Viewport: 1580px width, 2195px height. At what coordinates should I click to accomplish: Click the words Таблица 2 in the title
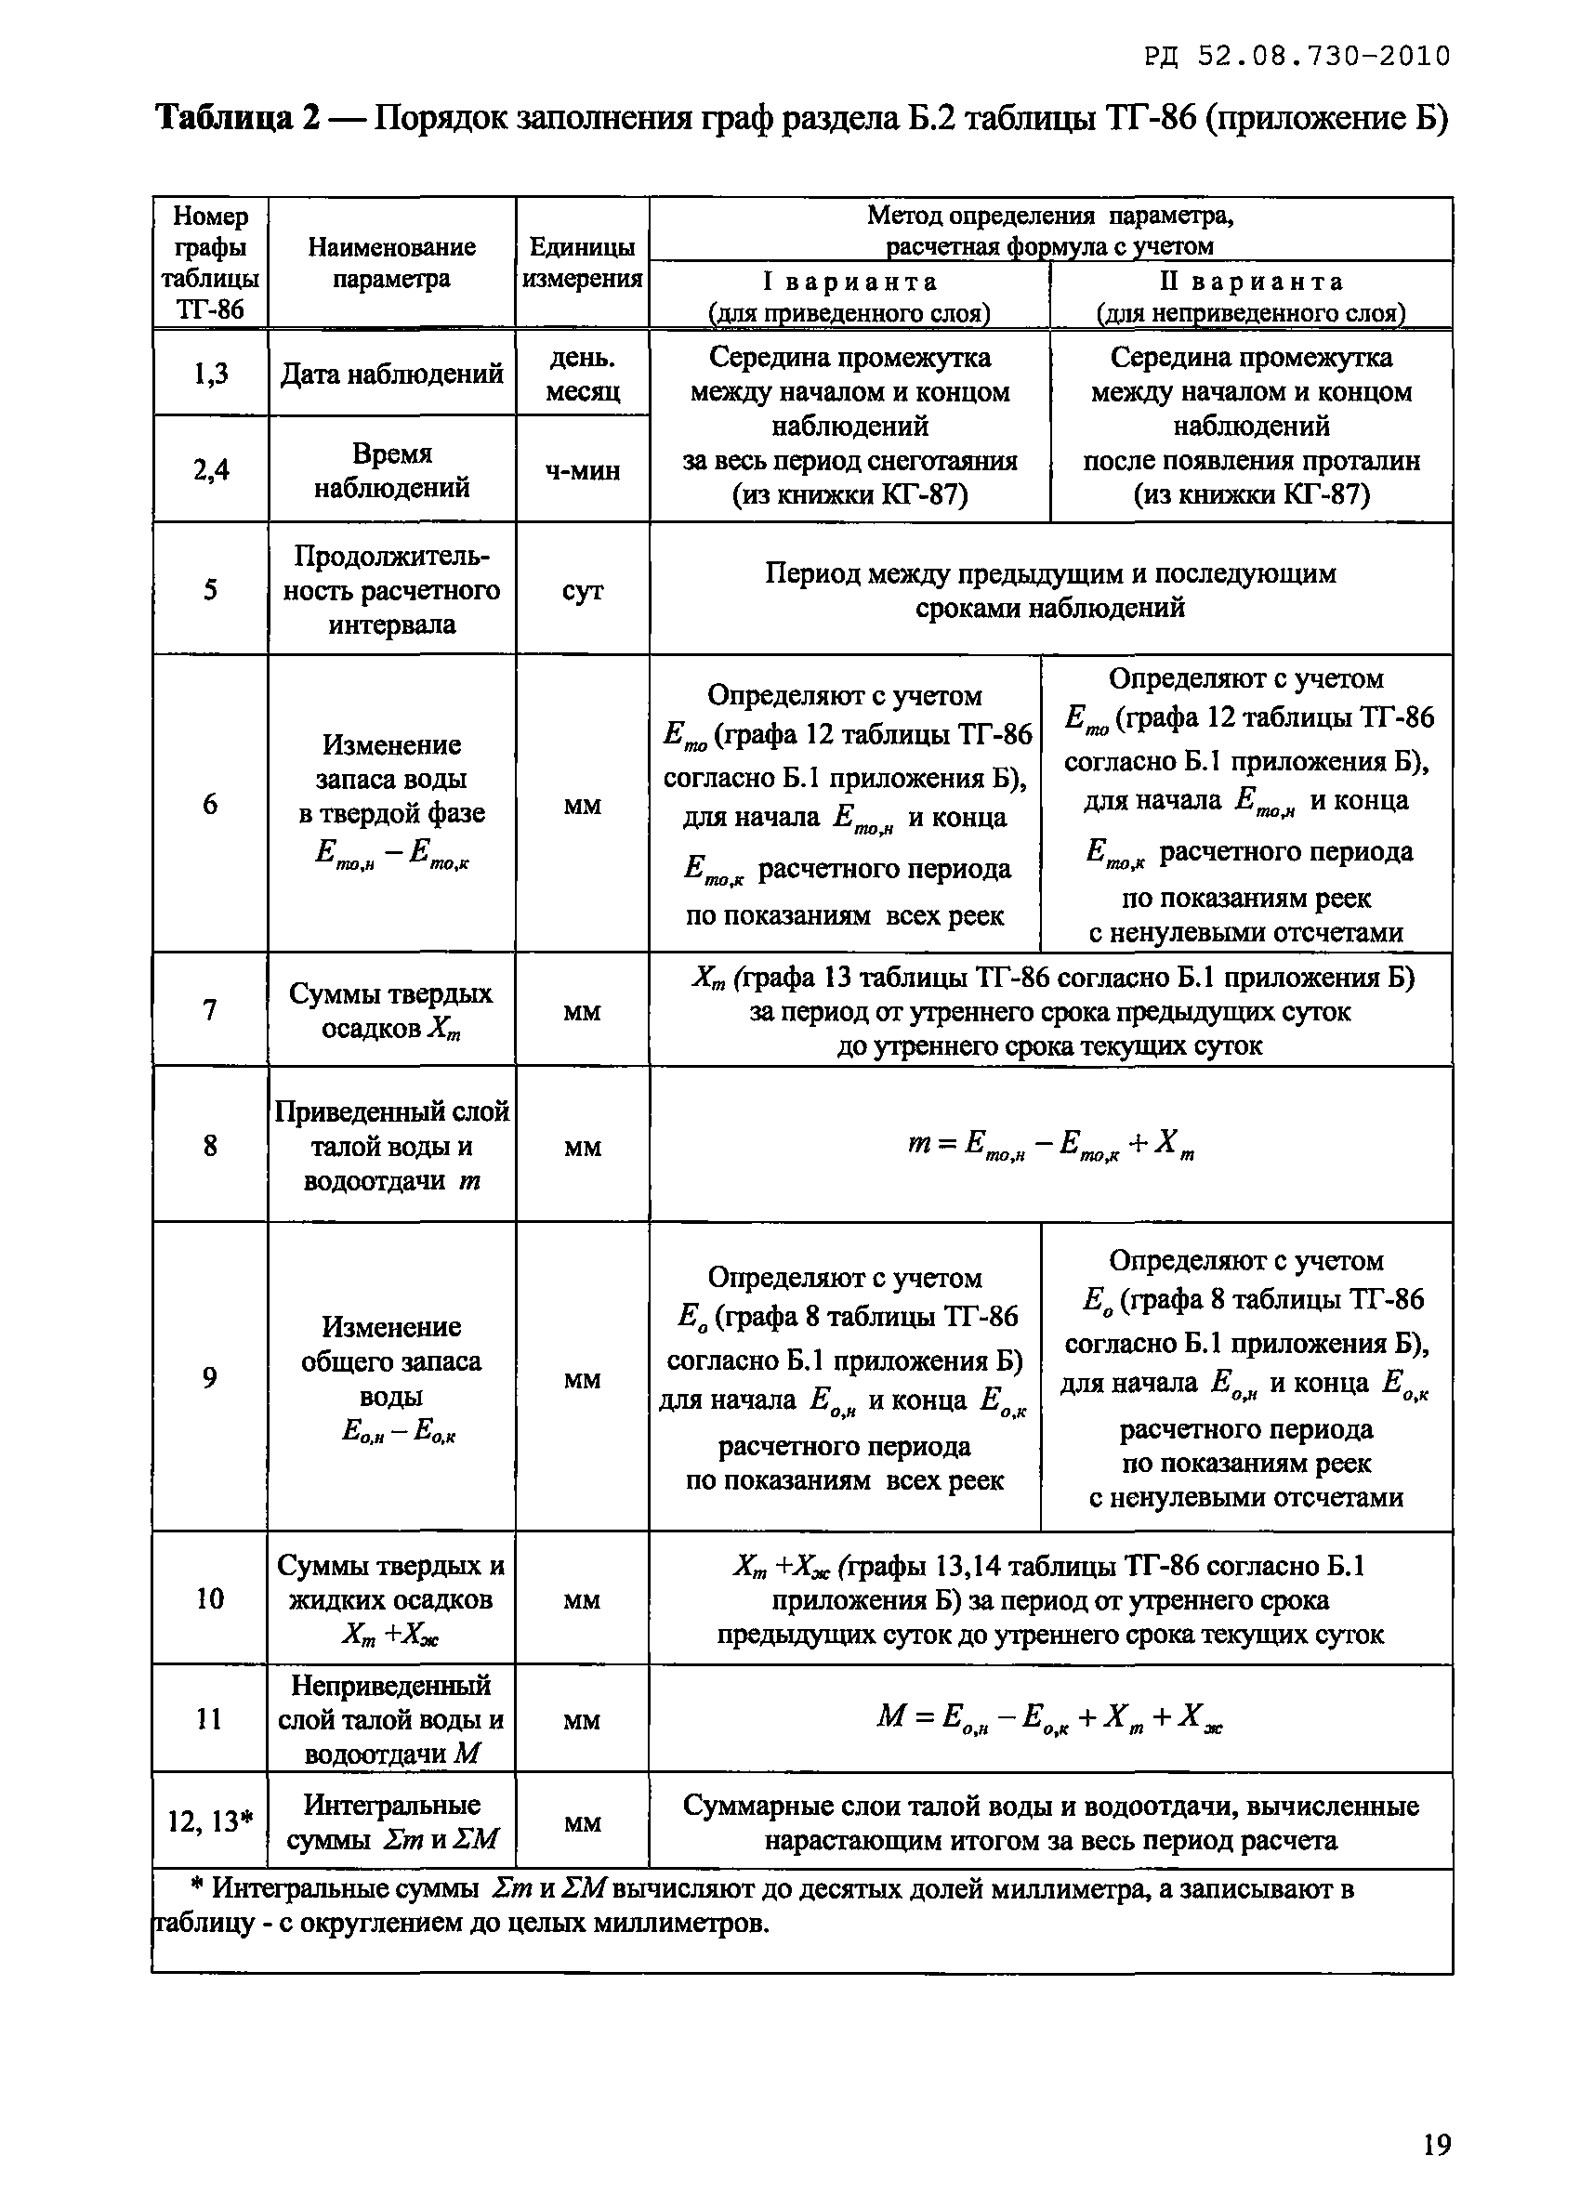coord(237,118)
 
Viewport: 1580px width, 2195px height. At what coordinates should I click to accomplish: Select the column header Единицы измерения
coord(582,263)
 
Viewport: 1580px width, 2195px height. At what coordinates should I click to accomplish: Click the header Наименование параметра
coord(392,263)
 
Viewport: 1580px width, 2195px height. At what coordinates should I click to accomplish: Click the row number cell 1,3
coord(210,374)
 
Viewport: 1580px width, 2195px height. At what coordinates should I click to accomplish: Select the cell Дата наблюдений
coord(392,374)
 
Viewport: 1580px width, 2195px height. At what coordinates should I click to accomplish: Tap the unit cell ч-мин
coord(582,470)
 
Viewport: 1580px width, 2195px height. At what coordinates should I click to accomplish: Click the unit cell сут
coord(582,590)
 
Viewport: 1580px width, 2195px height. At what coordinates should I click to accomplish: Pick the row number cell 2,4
coord(210,470)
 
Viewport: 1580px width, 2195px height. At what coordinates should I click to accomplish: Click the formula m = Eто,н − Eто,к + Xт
coord(1051,1145)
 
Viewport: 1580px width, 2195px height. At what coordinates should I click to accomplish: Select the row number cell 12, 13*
coord(210,1821)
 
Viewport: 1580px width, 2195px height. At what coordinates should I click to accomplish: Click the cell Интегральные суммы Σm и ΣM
coord(392,1821)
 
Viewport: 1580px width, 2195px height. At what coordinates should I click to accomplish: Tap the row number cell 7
coord(210,1010)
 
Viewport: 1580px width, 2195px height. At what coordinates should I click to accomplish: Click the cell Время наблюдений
coord(392,470)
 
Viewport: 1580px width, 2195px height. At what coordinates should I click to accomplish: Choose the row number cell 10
coord(210,1597)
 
